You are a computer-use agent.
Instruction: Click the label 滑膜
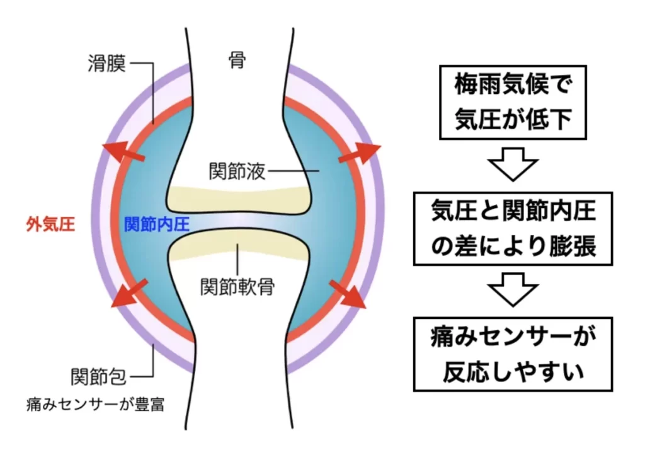click(x=107, y=63)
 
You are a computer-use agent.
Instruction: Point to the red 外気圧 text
click(x=51, y=224)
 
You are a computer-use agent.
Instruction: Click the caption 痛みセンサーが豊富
click(x=95, y=404)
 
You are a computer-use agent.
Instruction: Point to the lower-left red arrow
click(x=127, y=294)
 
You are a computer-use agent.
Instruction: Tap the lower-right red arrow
click(x=348, y=294)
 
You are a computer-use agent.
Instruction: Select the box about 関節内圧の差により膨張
click(x=513, y=228)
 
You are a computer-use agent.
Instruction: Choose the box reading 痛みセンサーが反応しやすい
click(x=513, y=354)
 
